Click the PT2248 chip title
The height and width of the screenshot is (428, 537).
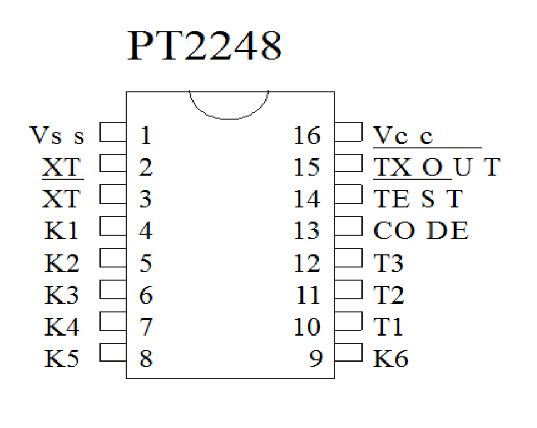point(204,47)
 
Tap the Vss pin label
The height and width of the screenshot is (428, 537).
point(57,135)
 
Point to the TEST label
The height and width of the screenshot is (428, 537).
point(417,199)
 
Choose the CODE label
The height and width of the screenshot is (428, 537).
point(420,231)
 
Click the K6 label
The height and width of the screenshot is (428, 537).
point(390,358)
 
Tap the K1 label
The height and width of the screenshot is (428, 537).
point(62,231)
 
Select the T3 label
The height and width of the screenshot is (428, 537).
point(388,263)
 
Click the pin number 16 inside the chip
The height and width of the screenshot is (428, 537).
point(307,135)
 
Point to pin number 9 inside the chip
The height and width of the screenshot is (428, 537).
point(315,358)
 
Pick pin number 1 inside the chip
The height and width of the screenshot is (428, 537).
point(145,135)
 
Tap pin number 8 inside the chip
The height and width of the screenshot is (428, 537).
point(145,358)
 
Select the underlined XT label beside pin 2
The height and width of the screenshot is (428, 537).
point(62,167)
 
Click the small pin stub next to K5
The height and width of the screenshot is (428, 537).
point(113,352)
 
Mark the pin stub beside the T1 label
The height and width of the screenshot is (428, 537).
point(349,320)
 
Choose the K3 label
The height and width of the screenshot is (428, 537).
point(62,295)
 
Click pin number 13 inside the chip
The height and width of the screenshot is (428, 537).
point(307,231)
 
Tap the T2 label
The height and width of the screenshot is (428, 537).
point(388,295)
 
